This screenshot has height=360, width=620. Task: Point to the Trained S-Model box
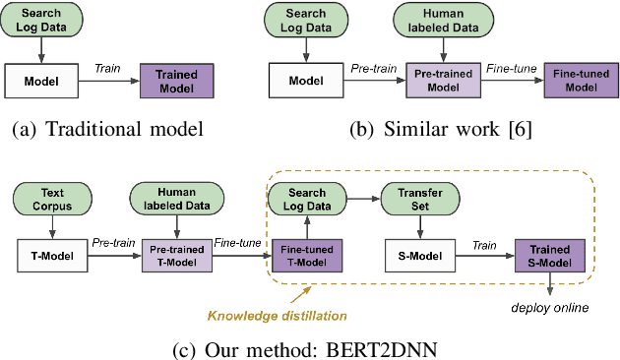pos(550,258)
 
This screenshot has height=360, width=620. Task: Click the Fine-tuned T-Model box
pos(306,258)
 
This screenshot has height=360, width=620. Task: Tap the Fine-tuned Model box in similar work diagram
pos(578,80)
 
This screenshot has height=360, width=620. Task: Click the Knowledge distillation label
pos(277,316)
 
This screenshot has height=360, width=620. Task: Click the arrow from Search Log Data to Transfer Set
pos(363,196)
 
